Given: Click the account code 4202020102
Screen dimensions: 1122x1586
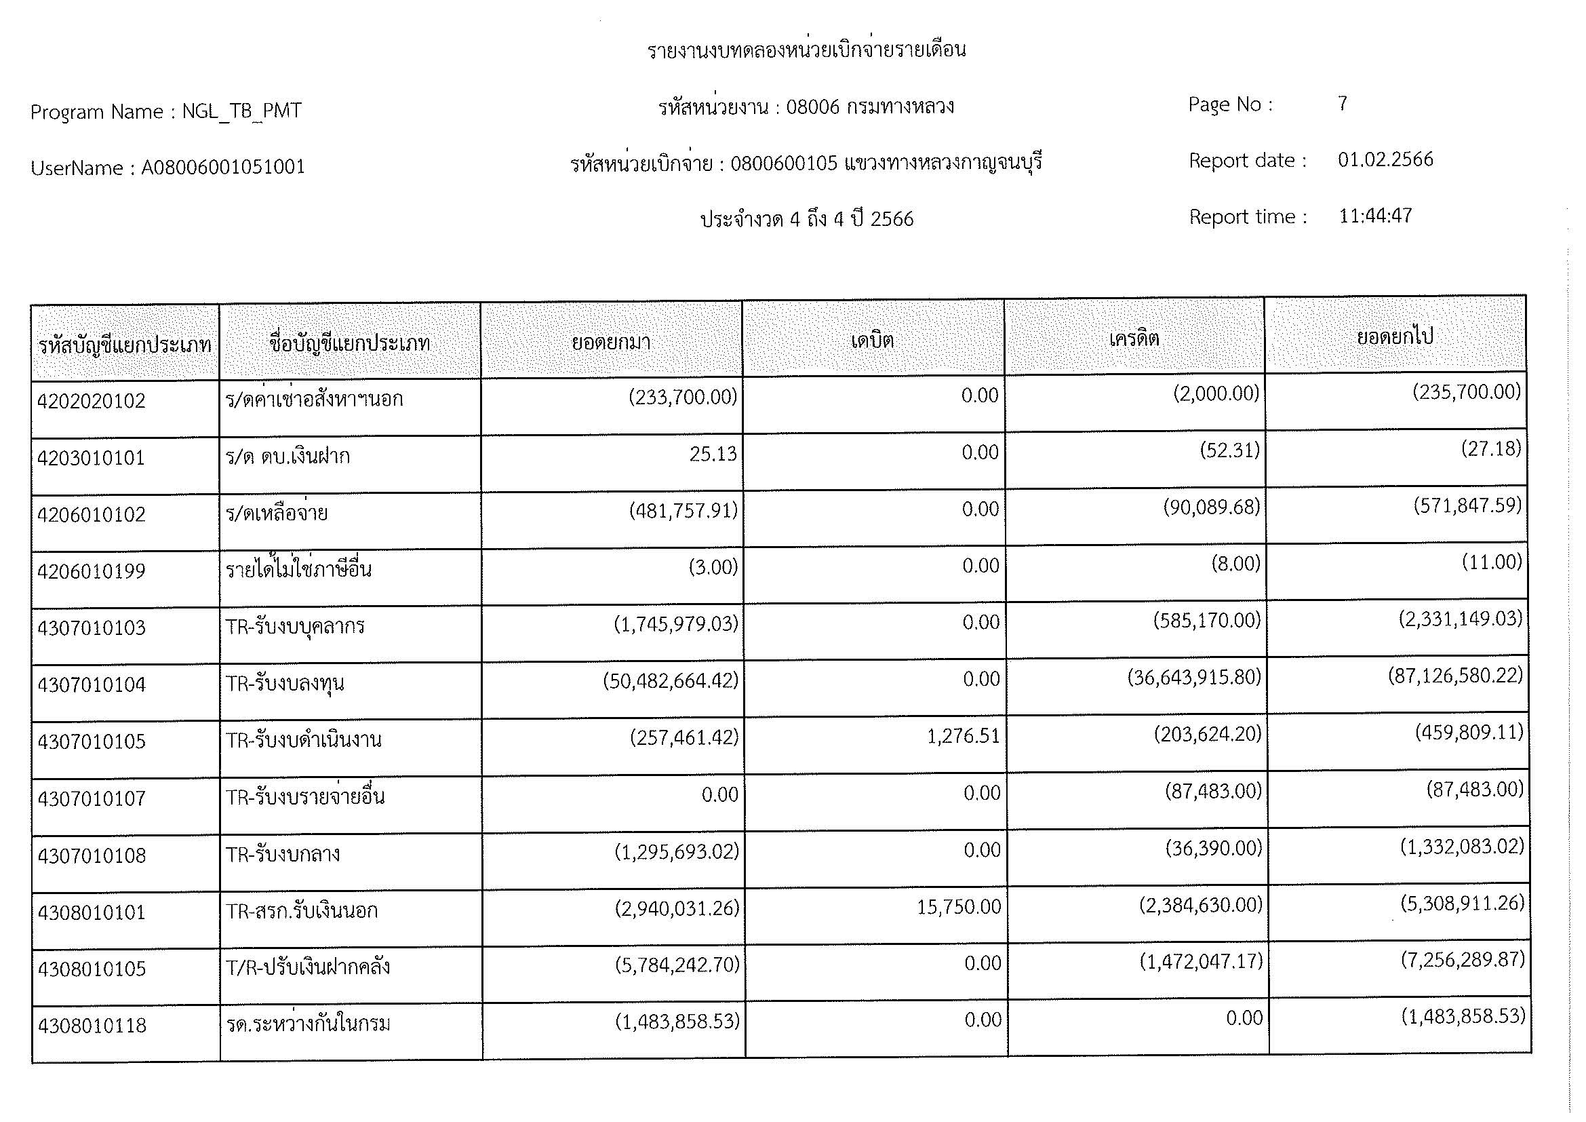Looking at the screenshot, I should coord(91,402).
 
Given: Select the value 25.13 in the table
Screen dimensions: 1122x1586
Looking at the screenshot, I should coord(713,454).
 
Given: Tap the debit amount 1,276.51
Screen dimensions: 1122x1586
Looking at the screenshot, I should coord(963,737).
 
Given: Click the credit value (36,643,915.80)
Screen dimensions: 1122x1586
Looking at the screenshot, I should coord(1193,677).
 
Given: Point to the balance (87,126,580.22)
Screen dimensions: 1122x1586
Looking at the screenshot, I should coord(1454,675).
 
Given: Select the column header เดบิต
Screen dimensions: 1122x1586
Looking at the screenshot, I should coord(873,341).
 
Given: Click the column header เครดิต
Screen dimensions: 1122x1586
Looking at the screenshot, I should coord(1134,338).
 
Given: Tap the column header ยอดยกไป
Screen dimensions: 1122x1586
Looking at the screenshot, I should coord(1395,336).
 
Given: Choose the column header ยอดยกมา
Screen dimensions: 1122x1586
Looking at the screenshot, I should coord(611,342).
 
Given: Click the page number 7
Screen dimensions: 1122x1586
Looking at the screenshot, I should coord(1342,104).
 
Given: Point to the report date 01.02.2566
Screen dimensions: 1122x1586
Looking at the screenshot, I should coord(1385,159).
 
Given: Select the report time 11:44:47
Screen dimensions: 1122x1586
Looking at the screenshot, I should coord(1375,216).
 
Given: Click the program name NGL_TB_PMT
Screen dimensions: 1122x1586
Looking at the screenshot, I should coord(242,111).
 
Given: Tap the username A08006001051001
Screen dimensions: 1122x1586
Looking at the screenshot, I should coord(223,167).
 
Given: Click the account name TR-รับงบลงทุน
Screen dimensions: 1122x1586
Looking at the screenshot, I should coord(285,684).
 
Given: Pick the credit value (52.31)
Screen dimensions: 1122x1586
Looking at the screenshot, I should coord(1229,450).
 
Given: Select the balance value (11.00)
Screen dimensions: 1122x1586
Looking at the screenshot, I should coord(1491,562).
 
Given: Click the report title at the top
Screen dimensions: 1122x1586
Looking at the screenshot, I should coord(806,50).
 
